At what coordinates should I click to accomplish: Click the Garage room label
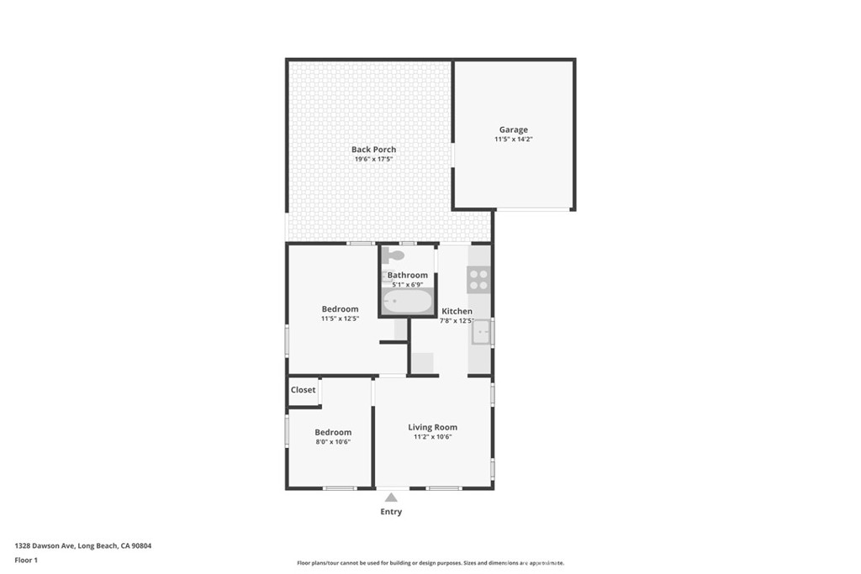pyautogui.click(x=513, y=129)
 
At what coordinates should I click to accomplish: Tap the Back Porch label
pyautogui.click(x=373, y=150)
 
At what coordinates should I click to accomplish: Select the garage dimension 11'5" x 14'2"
pyautogui.click(x=513, y=140)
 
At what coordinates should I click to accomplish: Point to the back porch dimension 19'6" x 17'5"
pyautogui.click(x=373, y=159)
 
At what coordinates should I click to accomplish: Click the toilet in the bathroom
pyautogui.click(x=393, y=255)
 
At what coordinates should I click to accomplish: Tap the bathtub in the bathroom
pyautogui.click(x=407, y=301)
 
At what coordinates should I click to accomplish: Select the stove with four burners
pyautogui.click(x=478, y=280)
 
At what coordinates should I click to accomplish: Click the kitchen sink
pyautogui.click(x=480, y=333)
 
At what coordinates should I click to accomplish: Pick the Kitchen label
pyautogui.click(x=457, y=311)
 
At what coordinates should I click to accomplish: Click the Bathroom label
pyautogui.click(x=407, y=275)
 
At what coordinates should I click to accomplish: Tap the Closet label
pyautogui.click(x=303, y=390)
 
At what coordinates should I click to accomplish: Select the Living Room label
pyautogui.click(x=432, y=427)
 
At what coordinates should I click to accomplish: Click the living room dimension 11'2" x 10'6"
pyautogui.click(x=432, y=437)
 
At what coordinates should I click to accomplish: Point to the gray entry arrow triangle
pyautogui.click(x=391, y=498)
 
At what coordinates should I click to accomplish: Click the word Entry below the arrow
pyautogui.click(x=391, y=512)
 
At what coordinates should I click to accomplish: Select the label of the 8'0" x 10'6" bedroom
pyautogui.click(x=333, y=432)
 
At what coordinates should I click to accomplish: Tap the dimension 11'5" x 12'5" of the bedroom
pyautogui.click(x=340, y=319)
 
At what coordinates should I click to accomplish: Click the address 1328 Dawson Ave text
pyautogui.click(x=82, y=545)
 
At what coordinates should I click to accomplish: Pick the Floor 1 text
pyautogui.click(x=27, y=559)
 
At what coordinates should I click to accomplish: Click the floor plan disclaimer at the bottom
pyautogui.click(x=430, y=563)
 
